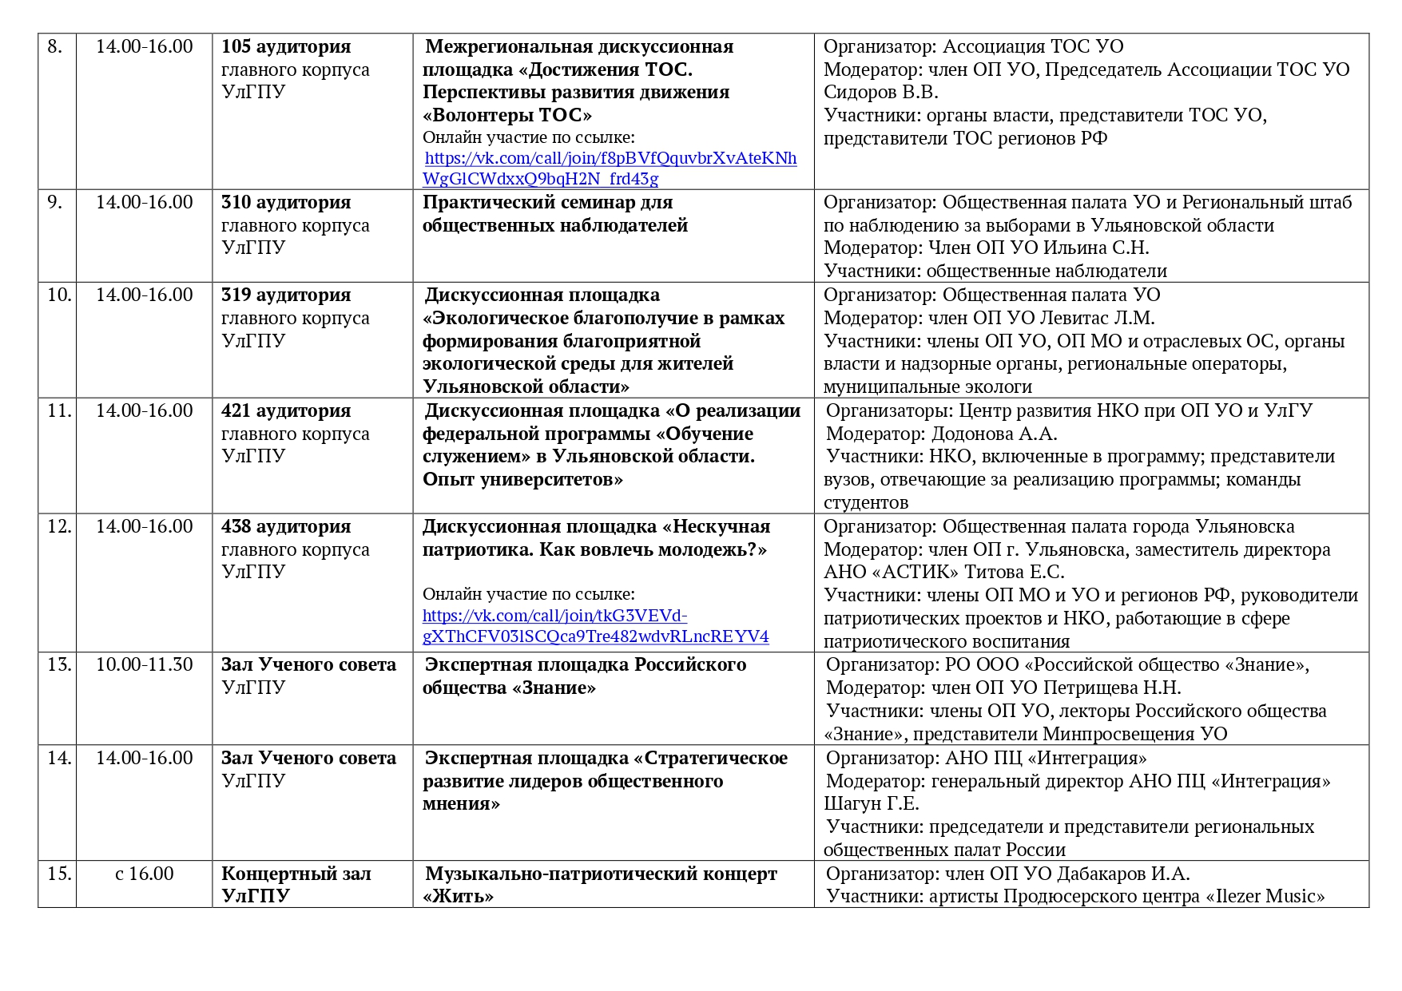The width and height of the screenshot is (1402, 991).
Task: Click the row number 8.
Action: point(55,46)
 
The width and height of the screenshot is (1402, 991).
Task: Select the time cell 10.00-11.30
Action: point(144,664)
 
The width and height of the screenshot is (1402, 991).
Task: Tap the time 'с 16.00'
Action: point(144,874)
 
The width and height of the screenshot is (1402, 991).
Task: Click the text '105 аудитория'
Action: point(286,46)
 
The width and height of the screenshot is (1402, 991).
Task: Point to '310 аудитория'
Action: point(286,202)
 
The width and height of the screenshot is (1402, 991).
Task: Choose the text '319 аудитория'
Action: point(286,295)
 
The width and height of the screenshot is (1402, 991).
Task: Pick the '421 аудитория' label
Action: point(286,410)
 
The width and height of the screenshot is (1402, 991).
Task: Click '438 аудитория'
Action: point(286,526)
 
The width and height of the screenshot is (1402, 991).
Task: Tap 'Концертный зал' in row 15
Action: point(296,874)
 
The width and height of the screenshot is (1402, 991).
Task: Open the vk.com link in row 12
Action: point(595,626)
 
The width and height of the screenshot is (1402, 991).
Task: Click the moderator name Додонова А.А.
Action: point(994,434)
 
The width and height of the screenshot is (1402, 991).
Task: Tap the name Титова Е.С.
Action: point(1015,572)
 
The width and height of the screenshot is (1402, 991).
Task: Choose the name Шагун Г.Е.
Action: point(872,803)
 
